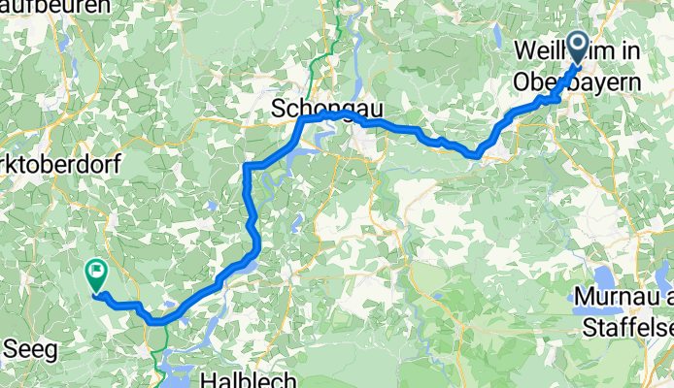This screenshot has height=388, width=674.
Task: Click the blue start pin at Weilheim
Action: pyautogui.click(x=577, y=47)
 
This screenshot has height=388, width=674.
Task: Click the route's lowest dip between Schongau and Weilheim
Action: pyautogui.click(x=476, y=153)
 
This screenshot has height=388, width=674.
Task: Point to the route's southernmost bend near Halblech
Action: pyautogui.click(x=160, y=320)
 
